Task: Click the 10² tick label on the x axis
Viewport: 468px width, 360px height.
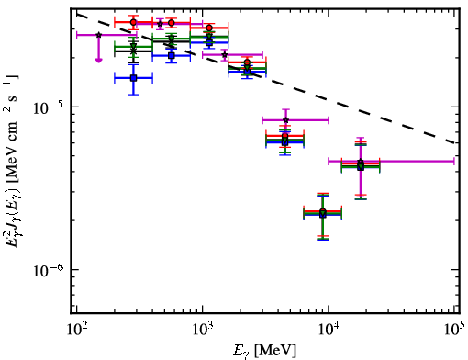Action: point(76,330)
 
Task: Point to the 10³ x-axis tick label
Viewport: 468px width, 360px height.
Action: point(202,330)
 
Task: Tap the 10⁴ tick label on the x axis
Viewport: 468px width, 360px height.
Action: point(329,330)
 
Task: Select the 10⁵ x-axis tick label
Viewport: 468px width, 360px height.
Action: point(455,330)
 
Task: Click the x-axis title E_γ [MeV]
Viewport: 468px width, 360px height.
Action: point(264,351)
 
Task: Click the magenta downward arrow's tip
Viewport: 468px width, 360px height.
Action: point(98,62)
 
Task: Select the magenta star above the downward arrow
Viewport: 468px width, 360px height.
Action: point(98,35)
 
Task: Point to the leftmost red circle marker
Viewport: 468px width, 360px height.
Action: point(133,22)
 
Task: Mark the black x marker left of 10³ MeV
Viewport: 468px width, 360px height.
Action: point(133,51)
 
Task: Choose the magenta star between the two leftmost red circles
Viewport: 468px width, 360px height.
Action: point(160,24)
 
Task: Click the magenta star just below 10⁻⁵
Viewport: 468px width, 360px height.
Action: point(285,120)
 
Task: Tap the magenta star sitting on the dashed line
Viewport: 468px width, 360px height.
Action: point(225,55)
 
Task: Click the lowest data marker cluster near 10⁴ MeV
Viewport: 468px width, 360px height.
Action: point(323,213)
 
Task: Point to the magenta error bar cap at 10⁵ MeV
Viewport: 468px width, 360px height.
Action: point(454,161)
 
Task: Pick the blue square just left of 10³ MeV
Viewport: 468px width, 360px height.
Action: point(172,55)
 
